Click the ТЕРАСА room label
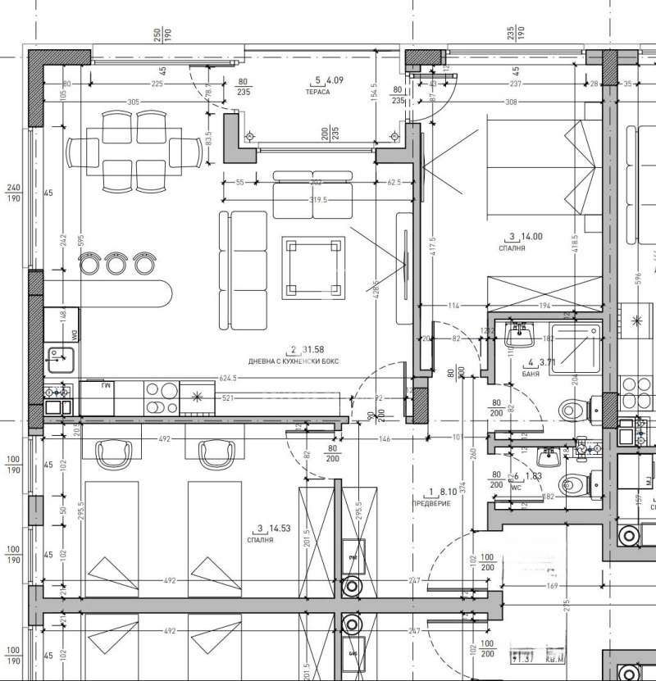(320, 92)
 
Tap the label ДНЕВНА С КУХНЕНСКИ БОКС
(294, 361)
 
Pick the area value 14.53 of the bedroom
(280, 528)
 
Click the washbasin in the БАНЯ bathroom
(520, 334)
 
